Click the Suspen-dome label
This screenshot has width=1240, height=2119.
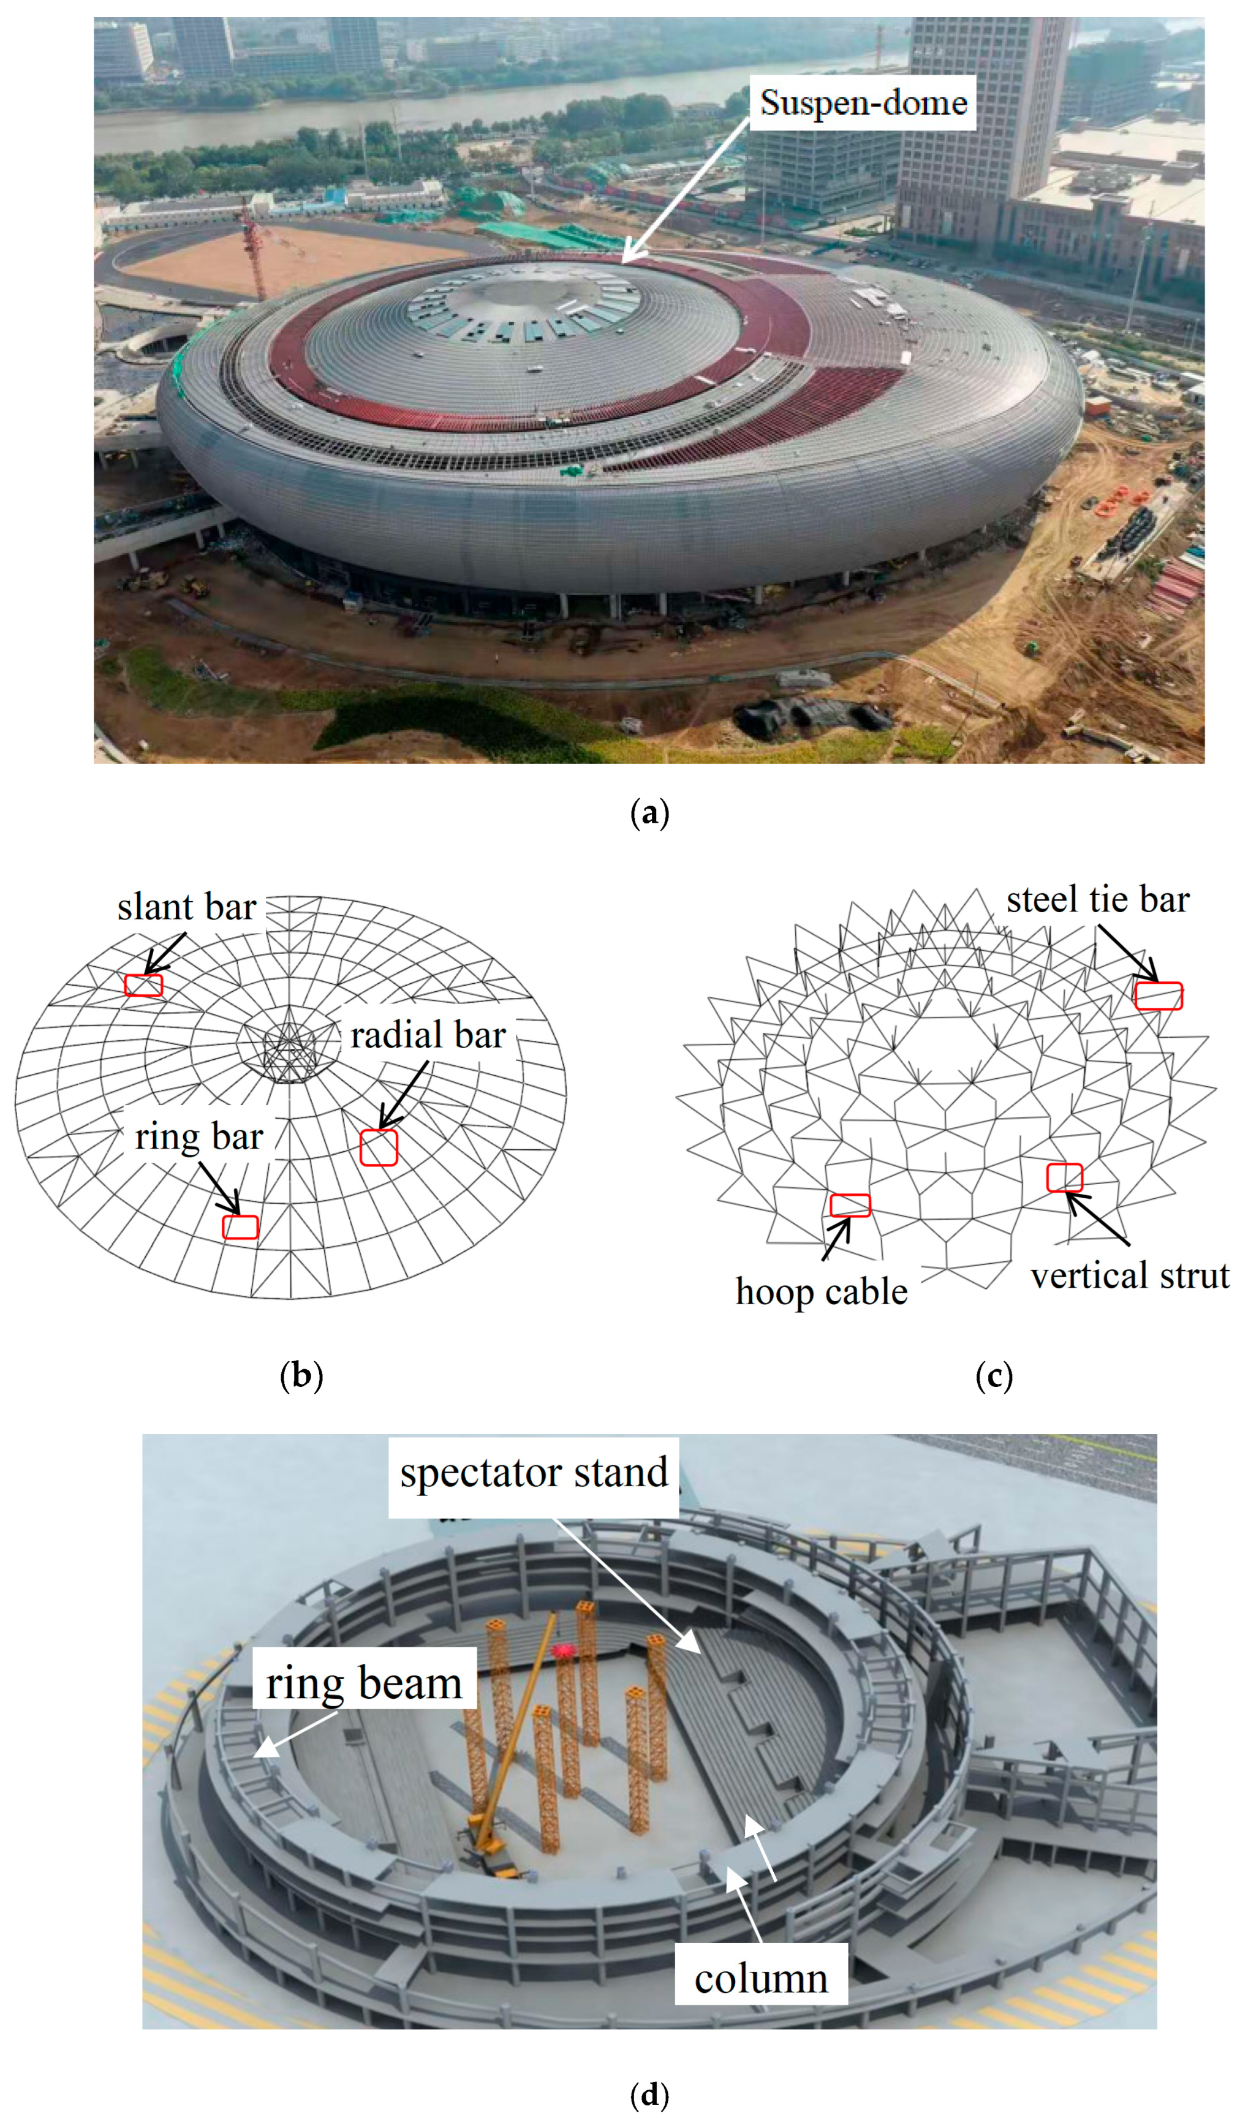863,102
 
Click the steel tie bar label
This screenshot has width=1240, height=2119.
1097,900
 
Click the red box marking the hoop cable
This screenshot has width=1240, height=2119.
850,1205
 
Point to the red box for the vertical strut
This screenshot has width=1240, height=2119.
1064,1177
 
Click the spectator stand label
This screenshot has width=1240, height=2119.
534,1474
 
